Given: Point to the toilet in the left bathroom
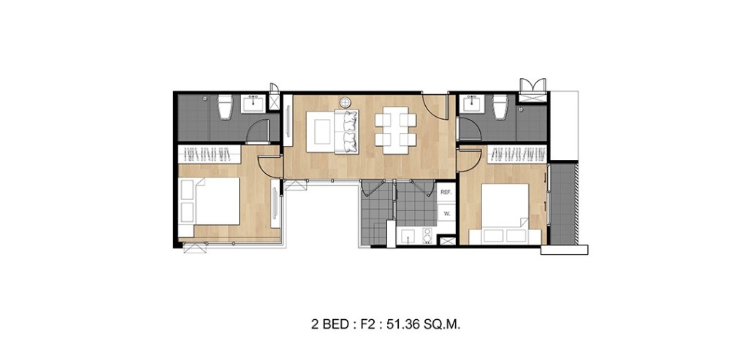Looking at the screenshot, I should [x=225, y=107].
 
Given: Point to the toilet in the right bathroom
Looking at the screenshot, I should [x=501, y=107].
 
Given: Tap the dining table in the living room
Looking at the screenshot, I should [x=396, y=129].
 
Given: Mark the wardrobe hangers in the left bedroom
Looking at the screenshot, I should [x=210, y=155].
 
